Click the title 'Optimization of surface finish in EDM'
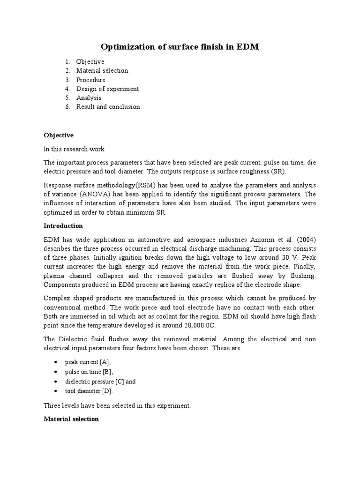180,47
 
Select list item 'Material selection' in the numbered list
102,71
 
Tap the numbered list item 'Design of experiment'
107,89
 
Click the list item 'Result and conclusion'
108,106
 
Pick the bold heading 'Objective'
59,135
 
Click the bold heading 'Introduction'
63,225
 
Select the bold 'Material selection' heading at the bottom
71,419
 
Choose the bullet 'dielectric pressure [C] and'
100,382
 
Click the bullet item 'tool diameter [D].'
89,391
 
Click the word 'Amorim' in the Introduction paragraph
262,239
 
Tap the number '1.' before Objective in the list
68,62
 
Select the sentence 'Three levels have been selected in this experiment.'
117,406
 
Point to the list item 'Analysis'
89,97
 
